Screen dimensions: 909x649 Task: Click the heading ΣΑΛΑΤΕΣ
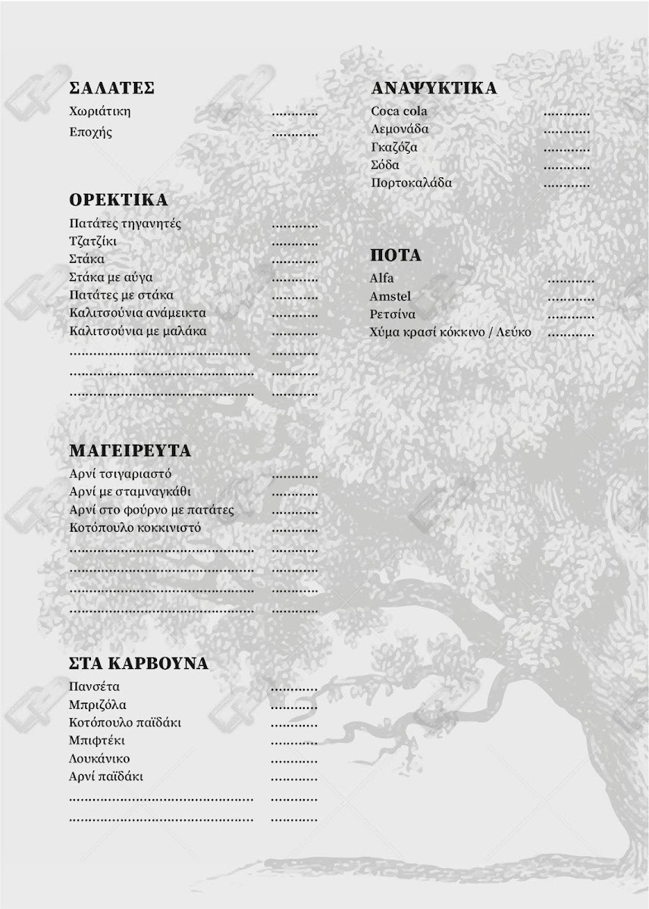tap(111, 88)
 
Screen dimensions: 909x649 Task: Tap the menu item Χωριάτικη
tap(99, 111)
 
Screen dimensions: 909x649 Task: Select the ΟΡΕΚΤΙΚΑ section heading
tap(118, 200)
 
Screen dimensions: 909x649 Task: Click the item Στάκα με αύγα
tap(111, 277)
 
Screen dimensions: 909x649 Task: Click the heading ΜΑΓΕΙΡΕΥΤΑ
tap(130, 451)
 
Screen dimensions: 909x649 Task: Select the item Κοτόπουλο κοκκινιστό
tap(135, 528)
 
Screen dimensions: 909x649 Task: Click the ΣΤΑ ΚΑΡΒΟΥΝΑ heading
tap(138, 664)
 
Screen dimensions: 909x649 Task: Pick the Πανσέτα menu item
tap(94, 687)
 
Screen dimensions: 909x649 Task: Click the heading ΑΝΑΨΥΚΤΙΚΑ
tap(434, 88)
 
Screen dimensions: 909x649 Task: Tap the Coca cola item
tap(399, 111)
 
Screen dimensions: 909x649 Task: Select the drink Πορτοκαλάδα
tap(411, 183)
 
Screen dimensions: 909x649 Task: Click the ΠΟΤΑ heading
tap(395, 255)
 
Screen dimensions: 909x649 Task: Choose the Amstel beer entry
tap(390, 296)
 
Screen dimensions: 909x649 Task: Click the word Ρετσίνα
tap(393, 314)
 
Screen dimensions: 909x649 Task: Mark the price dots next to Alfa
tap(571, 281)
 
